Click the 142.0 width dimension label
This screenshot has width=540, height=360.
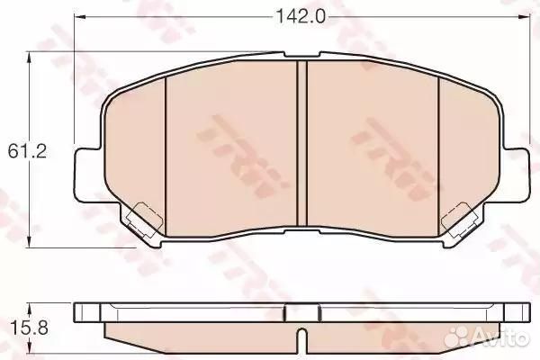[301, 16]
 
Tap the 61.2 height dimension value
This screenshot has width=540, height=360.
[27, 151]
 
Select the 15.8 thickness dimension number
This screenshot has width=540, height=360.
[30, 328]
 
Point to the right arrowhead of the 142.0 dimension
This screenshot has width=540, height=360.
[524, 16]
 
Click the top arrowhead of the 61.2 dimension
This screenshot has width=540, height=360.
[31, 58]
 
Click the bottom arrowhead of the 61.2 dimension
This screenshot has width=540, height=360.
[31, 241]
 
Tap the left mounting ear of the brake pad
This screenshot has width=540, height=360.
[89, 174]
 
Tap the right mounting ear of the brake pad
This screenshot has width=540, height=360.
[515, 174]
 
